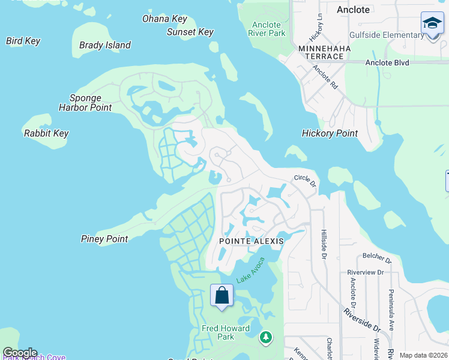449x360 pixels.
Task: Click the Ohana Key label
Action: pyautogui.click(x=164, y=19)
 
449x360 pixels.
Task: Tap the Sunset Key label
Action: pyautogui.click(x=190, y=32)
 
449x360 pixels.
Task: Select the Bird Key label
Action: pyautogui.click(x=23, y=41)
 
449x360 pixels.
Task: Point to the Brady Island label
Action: pyautogui.click(x=105, y=45)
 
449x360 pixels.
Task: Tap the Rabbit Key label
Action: pyautogui.click(x=46, y=133)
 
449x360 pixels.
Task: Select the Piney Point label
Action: pyautogui.click(x=104, y=239)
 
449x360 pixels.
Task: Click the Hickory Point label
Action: pyautogui.click(x=330, y=133)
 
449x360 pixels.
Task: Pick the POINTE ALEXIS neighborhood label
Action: pyautogui.click(x=251, y=241)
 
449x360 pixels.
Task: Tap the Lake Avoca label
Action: pyautogui.click(x=250, y=270)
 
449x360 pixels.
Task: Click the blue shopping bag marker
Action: pyautogui.click(x=222, y=296)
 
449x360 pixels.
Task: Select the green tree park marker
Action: pyautogui.click(x=265, y=338)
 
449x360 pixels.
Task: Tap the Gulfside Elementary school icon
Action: pyautogui.click(x=432, y=23)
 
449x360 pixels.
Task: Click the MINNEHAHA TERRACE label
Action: pyautogui.click(x=321, y=52)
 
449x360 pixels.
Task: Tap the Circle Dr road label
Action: pyautogui.click(x=304, y=179)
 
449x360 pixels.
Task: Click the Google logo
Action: pyautogui.click(x=20, y=353)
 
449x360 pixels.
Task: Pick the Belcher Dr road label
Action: pyautogui.click(x=376, y=260)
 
